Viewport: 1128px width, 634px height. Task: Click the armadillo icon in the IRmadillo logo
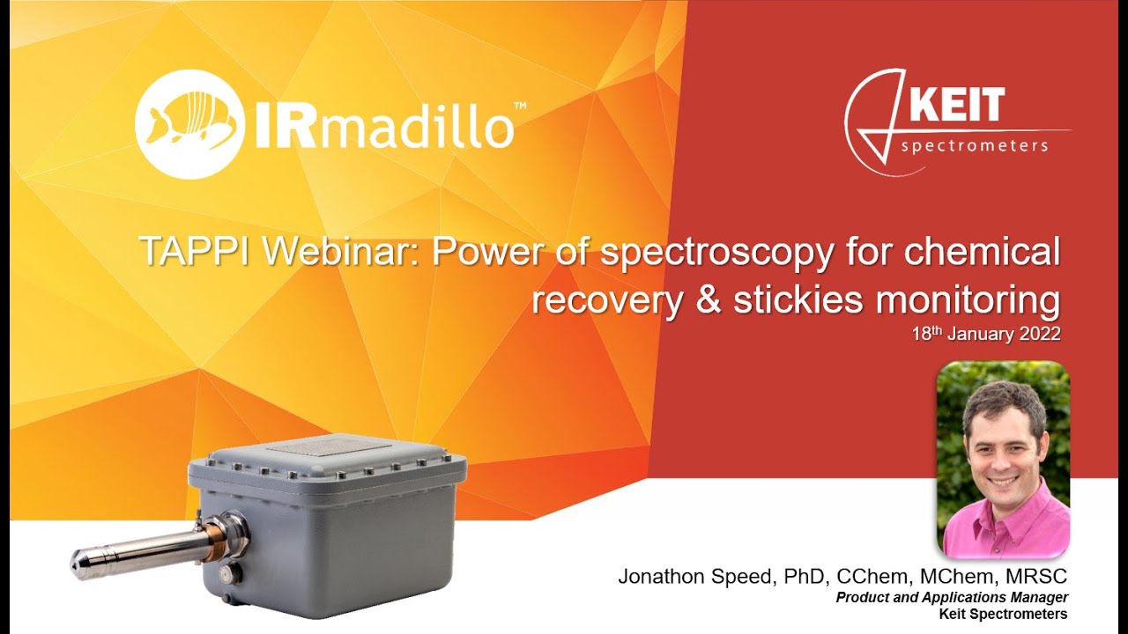(187, 124)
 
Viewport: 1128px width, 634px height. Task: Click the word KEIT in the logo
(956, 106)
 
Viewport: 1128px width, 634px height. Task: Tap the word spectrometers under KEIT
(975, 145)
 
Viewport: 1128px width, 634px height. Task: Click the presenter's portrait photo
(1003, 459)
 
